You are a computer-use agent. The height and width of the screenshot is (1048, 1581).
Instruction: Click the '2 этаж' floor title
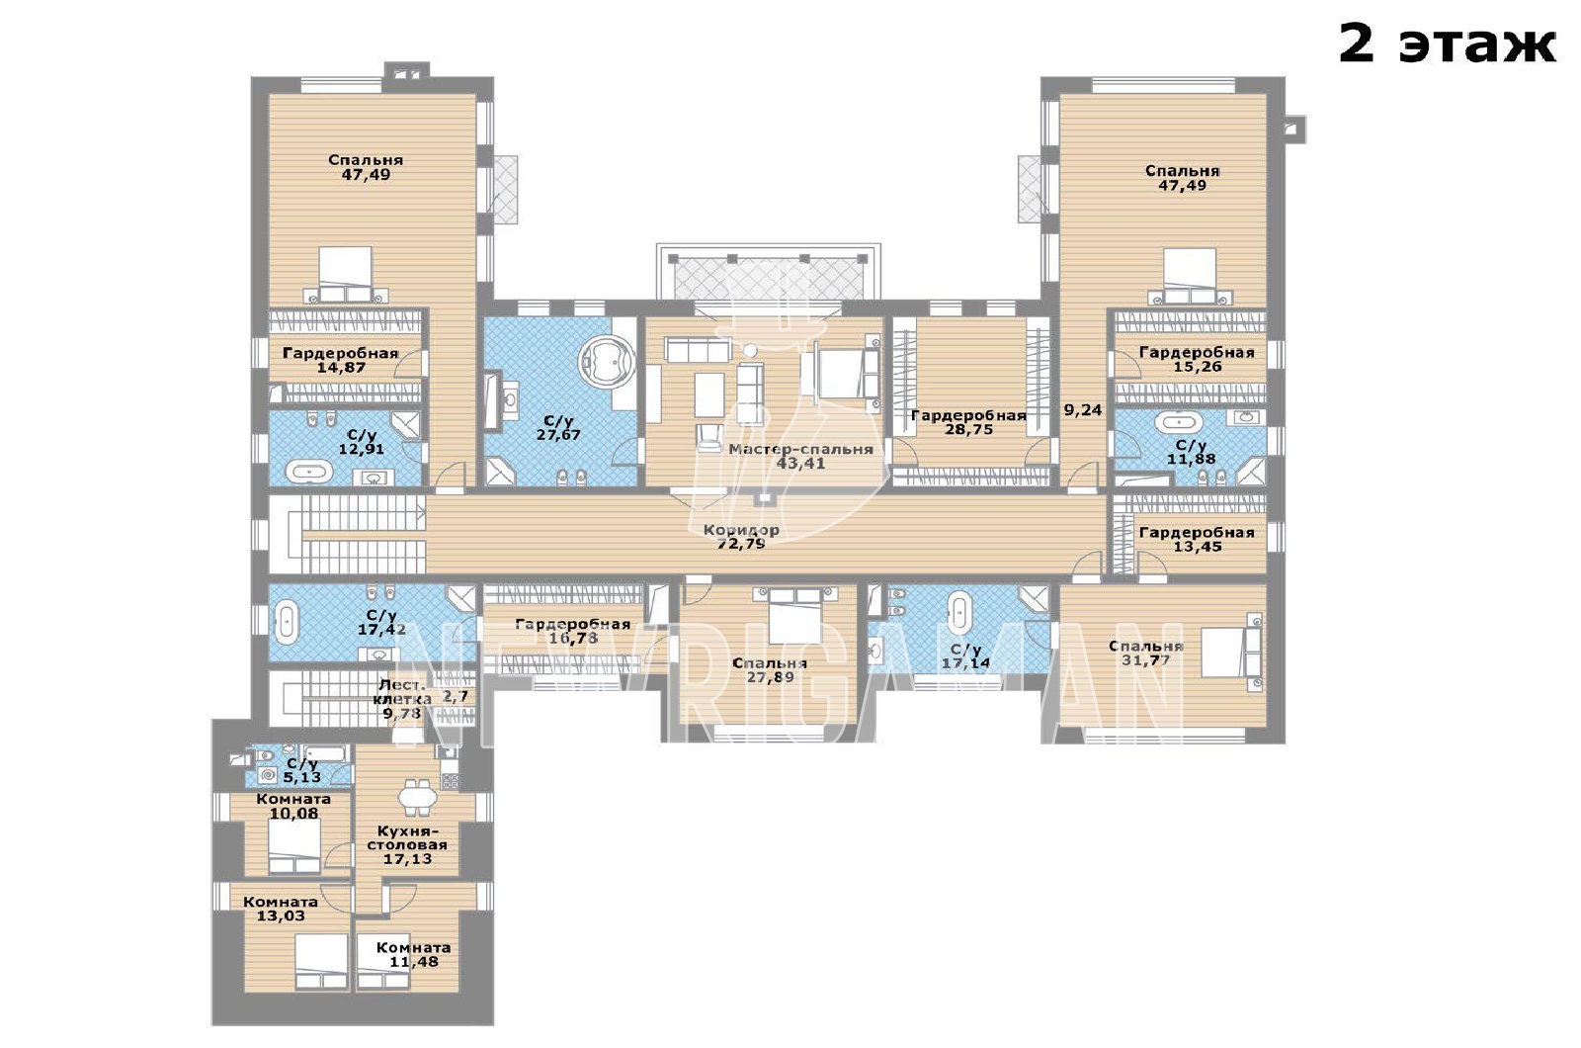point(1447,44)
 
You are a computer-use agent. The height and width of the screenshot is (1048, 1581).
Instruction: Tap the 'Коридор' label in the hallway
point(741,530)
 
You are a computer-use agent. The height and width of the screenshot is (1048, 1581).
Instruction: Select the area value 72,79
point(741,544)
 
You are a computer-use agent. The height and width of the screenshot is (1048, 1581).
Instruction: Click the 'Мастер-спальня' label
point(801,449)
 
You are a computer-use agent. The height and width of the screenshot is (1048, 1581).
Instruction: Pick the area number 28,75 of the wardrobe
point(969,429)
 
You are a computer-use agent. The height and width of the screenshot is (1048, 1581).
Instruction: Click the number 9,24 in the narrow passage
point(1083,409)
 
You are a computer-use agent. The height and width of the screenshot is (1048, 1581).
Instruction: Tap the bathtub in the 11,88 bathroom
point(1178,423)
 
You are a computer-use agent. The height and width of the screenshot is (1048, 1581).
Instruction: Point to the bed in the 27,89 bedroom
point(794,617)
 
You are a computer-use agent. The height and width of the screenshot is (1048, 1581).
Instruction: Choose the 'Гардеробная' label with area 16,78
point(572,624)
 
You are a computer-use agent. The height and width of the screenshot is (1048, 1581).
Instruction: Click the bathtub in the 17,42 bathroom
point(286,622)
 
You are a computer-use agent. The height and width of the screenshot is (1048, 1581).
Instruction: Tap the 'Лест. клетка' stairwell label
point(402,691)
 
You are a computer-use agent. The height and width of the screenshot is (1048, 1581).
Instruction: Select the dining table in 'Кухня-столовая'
point(418,796)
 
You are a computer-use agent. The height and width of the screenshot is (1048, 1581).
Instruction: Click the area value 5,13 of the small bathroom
point(302,777)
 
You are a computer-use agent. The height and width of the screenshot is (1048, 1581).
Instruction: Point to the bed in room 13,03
point(321,962)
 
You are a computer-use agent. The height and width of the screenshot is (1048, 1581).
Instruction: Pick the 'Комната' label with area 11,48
point(414,948)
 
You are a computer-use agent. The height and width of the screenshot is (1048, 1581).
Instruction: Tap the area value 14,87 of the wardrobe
point(342,367)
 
